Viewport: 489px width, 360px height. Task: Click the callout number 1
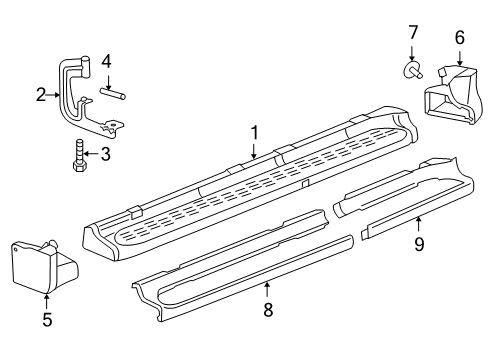click(x=254, y=131)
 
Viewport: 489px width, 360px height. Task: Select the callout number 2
click(x=40, y=96)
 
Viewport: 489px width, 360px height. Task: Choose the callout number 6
click(x=459, y=37)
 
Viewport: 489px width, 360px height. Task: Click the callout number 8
click(x=267, y=311)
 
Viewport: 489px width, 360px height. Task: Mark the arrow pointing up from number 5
click(x=46, y=302)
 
